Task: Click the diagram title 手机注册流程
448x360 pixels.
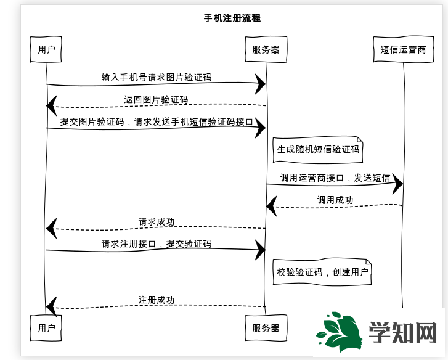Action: click(232, 18)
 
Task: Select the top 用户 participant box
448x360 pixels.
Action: click(46, 49)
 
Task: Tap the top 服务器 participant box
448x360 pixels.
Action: click(266, 49)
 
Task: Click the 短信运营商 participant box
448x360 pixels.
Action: click(402, 49)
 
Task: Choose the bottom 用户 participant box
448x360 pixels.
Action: click(46, 328)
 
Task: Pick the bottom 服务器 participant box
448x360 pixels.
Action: click(266, 328)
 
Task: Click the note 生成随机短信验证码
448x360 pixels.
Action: click(318, 149)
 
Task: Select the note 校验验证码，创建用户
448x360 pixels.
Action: click(322, 272)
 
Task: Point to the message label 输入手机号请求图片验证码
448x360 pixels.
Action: click(157, 78)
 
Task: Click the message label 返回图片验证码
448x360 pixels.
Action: click(156, 99)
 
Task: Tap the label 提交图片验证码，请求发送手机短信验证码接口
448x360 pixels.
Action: click(157, 121)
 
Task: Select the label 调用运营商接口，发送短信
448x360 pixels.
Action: click(335, 178)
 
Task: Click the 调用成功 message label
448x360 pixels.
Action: click(335, 200)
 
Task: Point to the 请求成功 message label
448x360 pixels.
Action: click(157, 222)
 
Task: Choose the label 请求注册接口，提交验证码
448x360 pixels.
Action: click(157, 243)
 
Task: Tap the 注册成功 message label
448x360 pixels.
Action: click(157, 300)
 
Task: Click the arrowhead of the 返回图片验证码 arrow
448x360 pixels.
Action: click(52, 105)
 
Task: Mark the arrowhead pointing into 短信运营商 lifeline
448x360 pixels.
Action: click(397, 184)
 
